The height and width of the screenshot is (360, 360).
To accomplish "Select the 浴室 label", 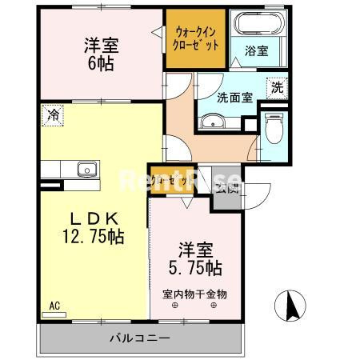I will pos(257,50).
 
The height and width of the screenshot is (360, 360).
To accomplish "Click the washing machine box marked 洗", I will pos(276,87).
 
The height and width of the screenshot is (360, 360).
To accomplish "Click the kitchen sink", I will pos(84,169).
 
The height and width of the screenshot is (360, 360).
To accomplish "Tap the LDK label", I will pos(92,218).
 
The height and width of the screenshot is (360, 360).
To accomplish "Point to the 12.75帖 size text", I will pos(93,236).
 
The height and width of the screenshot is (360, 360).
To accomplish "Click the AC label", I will pos(54,305).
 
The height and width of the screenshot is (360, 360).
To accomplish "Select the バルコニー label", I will pos(139,338).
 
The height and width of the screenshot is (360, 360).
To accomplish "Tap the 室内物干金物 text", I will pos(194,294).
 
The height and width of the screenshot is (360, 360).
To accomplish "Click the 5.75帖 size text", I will pos(195,266).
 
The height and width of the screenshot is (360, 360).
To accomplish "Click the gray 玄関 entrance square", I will pos(226,190).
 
